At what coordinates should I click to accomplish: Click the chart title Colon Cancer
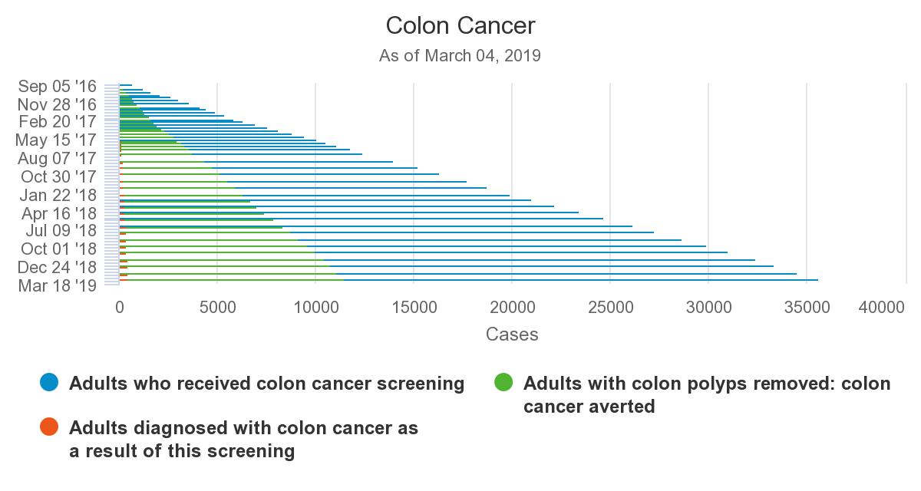(460, 25)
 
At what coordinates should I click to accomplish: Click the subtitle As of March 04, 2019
(460, 56)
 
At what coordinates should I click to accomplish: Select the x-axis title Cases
(512, 334)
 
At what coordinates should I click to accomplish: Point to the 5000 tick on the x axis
(217, 308)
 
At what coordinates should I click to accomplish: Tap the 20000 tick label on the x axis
(512, 308)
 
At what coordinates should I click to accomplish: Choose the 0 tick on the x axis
(120, 308)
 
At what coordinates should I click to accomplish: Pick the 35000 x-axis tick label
(806, 308)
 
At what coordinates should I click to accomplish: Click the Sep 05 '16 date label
(58, 86)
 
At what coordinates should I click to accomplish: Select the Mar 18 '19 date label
(58, 285)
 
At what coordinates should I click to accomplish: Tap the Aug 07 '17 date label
(57, 159)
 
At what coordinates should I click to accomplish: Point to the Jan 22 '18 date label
(58, 195)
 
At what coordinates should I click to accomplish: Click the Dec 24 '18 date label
(57, 267)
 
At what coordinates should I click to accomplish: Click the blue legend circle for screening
(49, 383)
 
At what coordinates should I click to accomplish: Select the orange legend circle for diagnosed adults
(49, 427)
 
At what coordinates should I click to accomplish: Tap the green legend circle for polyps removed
(503, 383)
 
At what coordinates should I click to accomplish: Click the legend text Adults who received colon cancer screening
(266, 384)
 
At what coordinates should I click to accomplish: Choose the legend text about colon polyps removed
(706, 394)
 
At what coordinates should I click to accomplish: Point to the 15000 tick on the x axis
(414, 308)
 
